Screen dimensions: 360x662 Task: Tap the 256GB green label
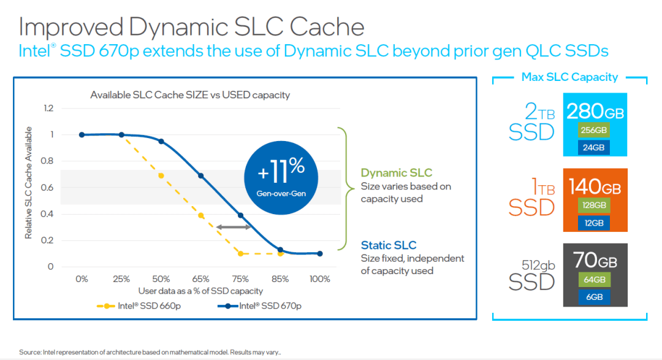click(x=593, y=131)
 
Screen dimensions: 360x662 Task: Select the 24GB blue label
click(x=593, y=147)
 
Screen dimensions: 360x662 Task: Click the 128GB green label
click(x=593, y=205)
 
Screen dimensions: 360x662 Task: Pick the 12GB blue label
click(x=593, y=222)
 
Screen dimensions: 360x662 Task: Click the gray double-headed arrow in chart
click(x=234, y=228)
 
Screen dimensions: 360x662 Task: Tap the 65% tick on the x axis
click(x=201, y=279)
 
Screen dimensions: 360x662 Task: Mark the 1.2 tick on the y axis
click(x=48, y=109)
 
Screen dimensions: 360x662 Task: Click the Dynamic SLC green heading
click(x=396, y=173)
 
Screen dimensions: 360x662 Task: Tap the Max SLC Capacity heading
click(x=569, y=77)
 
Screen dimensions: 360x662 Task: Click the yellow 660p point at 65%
click(x=201, y=215)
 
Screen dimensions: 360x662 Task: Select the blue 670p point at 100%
click(x=320, y=253)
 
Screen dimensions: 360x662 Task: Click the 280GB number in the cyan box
click(x=594, y=112)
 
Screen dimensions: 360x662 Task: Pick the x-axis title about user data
click(x=200, y=291)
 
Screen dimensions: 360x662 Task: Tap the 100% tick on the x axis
click(x=319, y=279)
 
